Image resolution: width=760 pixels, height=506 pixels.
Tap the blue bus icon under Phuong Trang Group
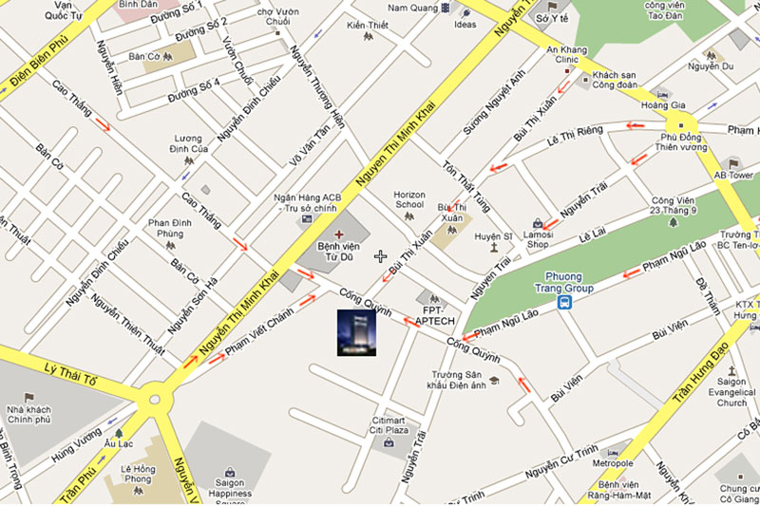(x=565, y=303)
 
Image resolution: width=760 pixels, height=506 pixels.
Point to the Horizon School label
(x=408, y=200)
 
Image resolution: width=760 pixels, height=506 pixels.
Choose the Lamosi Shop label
(x=539, y=237)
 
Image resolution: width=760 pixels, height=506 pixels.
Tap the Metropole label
(x=613, y=463)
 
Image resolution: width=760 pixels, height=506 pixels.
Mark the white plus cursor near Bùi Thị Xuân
(x=381, y=256)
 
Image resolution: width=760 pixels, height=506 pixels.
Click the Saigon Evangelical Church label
(x=732, y=391)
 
